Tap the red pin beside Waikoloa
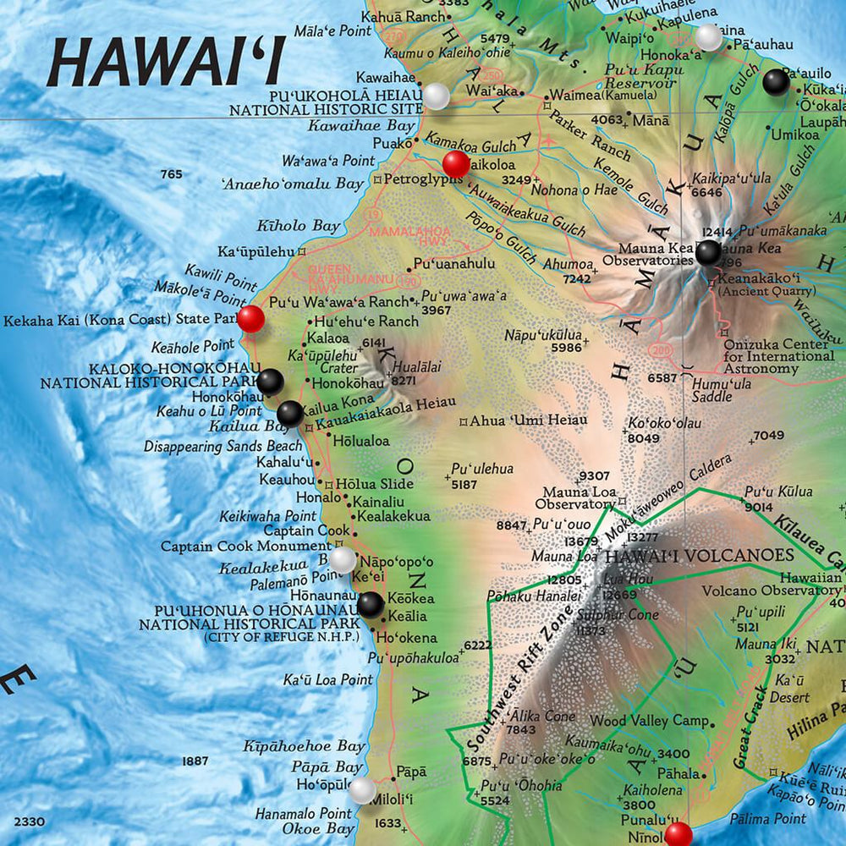tap(456, 164)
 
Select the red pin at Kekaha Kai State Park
tap(250, 319)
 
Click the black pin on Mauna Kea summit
tap(709, 252)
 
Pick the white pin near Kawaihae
tap(436, 96)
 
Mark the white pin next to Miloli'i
tap(363, 791)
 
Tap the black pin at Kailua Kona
tap(289, 413)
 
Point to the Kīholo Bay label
tap(298, 226)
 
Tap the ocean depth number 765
tap(171, 174)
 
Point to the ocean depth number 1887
tap(195, 761)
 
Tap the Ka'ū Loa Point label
tap(327, 679)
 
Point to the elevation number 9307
tap(594, 475)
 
